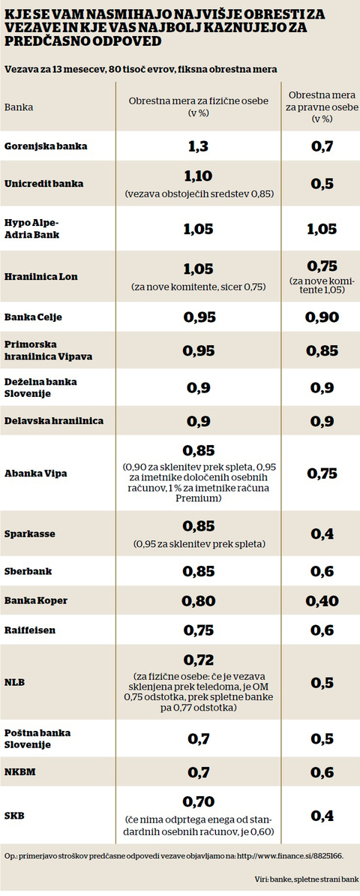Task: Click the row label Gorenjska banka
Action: [46, 146]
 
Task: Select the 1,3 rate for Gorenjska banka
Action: [198, 146]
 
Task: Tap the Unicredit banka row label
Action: [43, 184]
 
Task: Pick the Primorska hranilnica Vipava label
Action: [49, 351]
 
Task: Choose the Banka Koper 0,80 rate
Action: [198, 600]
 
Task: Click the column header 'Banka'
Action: [18, 107]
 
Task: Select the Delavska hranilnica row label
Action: [54, 421]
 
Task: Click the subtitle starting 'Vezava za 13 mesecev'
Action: [140, 69]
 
